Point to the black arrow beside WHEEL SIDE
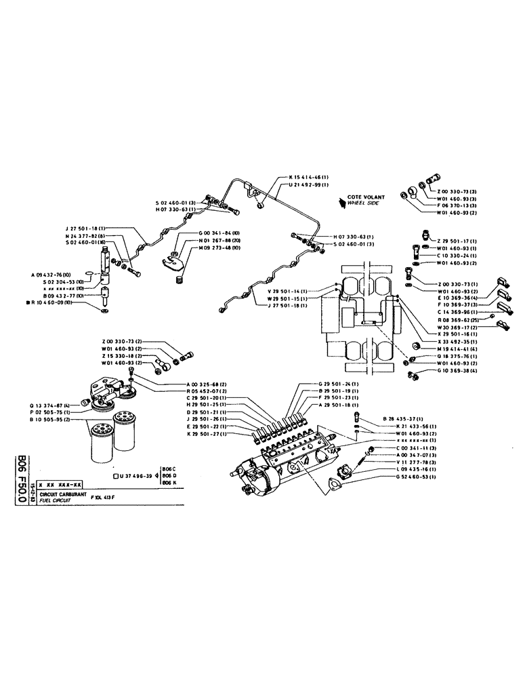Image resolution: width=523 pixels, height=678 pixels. point(341,201)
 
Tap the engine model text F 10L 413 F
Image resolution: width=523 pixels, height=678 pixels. point(107,498)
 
